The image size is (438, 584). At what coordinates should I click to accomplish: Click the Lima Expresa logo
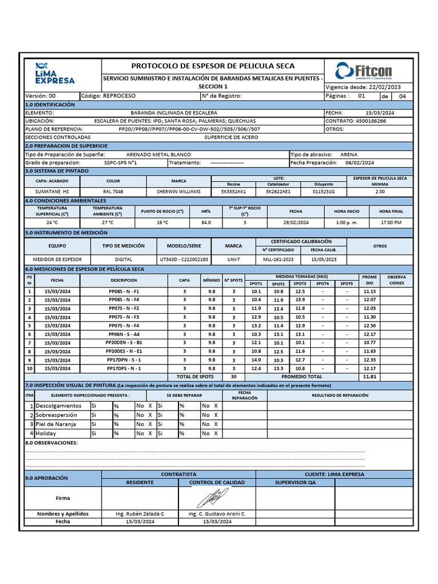pos(55,72)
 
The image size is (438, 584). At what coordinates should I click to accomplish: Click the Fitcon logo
pos(364,71)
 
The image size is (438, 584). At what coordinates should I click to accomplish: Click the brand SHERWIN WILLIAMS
pos(179,192)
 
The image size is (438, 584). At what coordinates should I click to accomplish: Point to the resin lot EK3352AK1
pos(233,192)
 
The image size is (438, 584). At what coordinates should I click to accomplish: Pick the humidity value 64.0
pos(206,222)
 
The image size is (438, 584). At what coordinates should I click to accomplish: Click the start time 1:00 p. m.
pos(347,222)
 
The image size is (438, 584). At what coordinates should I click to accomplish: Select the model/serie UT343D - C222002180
pos(184,259)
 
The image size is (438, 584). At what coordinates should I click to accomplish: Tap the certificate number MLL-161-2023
pos(278,259)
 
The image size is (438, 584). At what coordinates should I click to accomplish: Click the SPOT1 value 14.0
pos(256,360)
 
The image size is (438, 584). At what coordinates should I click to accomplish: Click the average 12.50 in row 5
pos(370,326)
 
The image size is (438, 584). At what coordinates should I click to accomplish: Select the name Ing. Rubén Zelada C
pos(140,514)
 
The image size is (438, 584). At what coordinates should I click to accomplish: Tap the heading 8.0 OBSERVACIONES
pos(52,443)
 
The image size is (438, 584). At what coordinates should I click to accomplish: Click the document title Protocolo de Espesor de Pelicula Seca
pos(213,66)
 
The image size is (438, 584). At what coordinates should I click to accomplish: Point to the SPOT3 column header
pos(300,283)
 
